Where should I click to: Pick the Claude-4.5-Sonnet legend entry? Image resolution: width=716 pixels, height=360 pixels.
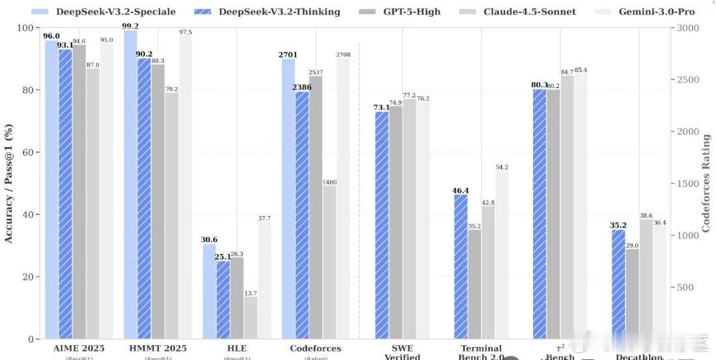point(521,11)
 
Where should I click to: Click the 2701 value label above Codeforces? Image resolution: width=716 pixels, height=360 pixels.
point(288,55)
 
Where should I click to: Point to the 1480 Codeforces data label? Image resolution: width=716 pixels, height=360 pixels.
point(329,182)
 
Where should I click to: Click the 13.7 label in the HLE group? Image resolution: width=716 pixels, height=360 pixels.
point(251,293)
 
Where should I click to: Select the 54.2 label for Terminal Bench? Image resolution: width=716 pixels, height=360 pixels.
point(501,167)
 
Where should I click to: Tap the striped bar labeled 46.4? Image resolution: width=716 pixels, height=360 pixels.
point(461,267)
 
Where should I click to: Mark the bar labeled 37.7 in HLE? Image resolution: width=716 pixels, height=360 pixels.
point(264,281)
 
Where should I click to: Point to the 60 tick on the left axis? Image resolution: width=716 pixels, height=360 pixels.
point(29,153)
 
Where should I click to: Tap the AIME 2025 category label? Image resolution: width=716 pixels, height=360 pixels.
point(78,349)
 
